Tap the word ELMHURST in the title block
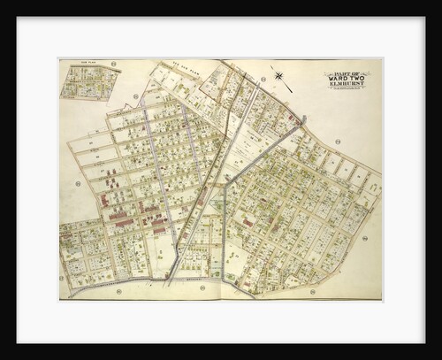(x=347, y=84)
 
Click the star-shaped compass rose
(x=279, y=76)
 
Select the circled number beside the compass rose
(x=263, y=79)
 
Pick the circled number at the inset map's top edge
(x=114, y=64)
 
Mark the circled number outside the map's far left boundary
(x=78, y=183)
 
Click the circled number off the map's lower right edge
(x=364, y=238)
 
